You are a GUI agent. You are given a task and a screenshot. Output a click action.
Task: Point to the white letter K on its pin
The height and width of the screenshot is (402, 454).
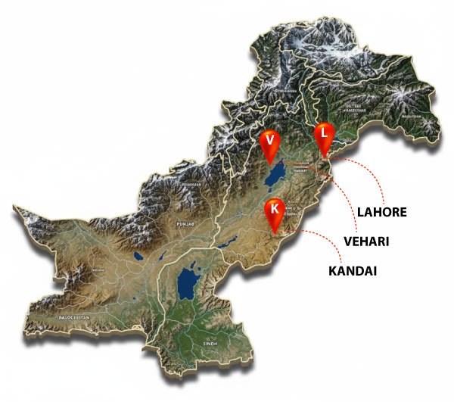pos(275,207)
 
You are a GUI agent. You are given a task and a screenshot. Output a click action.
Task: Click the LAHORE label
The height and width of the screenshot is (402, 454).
pos(381,212)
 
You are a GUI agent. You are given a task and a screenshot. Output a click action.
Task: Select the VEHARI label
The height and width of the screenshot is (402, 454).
pos(367,242)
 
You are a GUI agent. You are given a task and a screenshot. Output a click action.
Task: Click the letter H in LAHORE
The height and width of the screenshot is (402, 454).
pos(375,212)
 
